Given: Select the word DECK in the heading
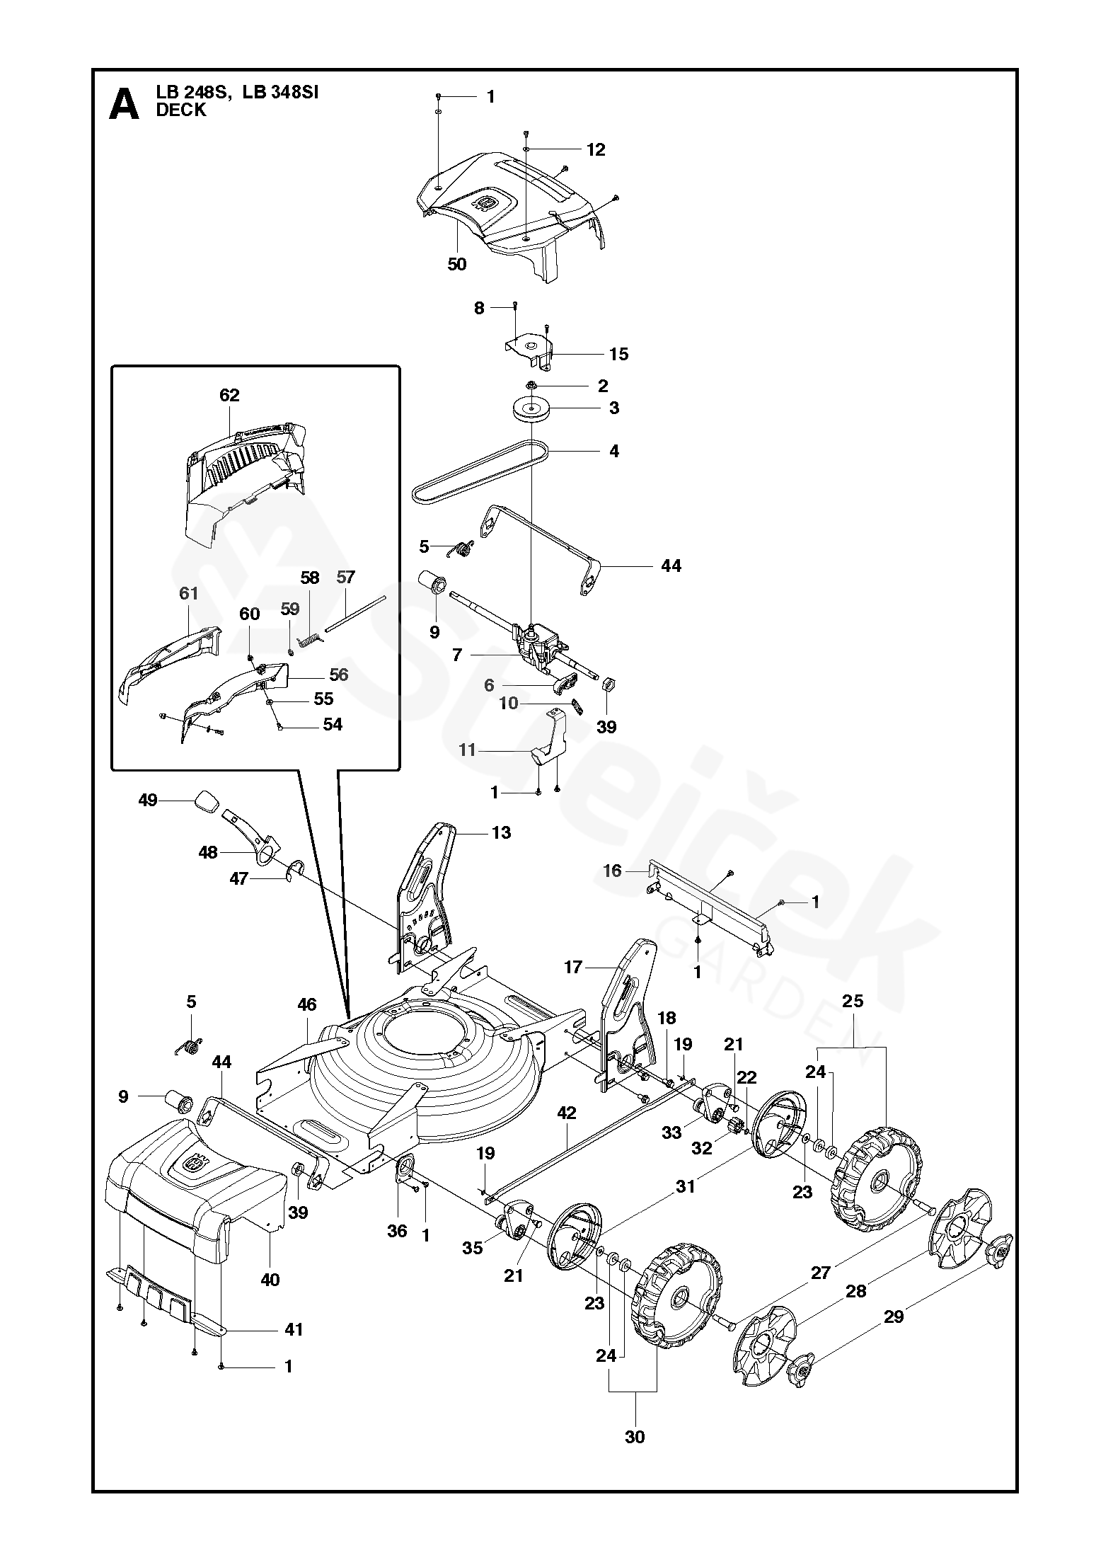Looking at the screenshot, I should coord(181,110).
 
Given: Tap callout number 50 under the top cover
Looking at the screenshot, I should coord(457,264).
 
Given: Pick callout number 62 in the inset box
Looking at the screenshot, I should coord(230,395).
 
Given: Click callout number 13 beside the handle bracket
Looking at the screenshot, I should coord(501,832).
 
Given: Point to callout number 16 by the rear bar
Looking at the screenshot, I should coord(612,871).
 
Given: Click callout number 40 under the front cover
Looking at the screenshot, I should coord(270,1280).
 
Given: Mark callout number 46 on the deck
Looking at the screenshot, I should coord(306,1005).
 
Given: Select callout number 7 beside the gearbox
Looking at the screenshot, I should coord(457,655).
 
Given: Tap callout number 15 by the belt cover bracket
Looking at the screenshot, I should coord(618,354).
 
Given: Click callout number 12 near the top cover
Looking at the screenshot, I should coord(596,149).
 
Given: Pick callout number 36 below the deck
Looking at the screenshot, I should coord(398,1231).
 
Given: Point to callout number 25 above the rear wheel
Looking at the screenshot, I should coord(853,1001).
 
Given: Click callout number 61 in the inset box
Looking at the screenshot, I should coord(188,593).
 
